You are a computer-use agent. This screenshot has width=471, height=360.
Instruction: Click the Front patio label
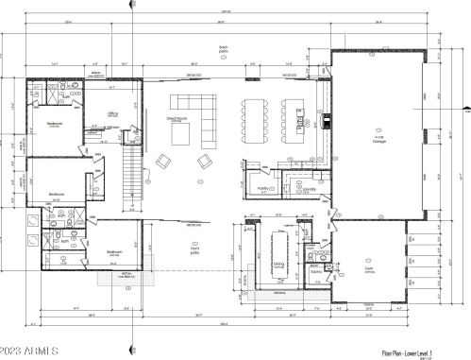[195, 251]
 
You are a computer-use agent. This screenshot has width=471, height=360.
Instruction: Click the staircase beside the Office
[131, 176]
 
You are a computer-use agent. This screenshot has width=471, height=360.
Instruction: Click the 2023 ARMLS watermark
[32, 351]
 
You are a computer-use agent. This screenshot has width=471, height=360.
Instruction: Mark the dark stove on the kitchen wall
[327, 120]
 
